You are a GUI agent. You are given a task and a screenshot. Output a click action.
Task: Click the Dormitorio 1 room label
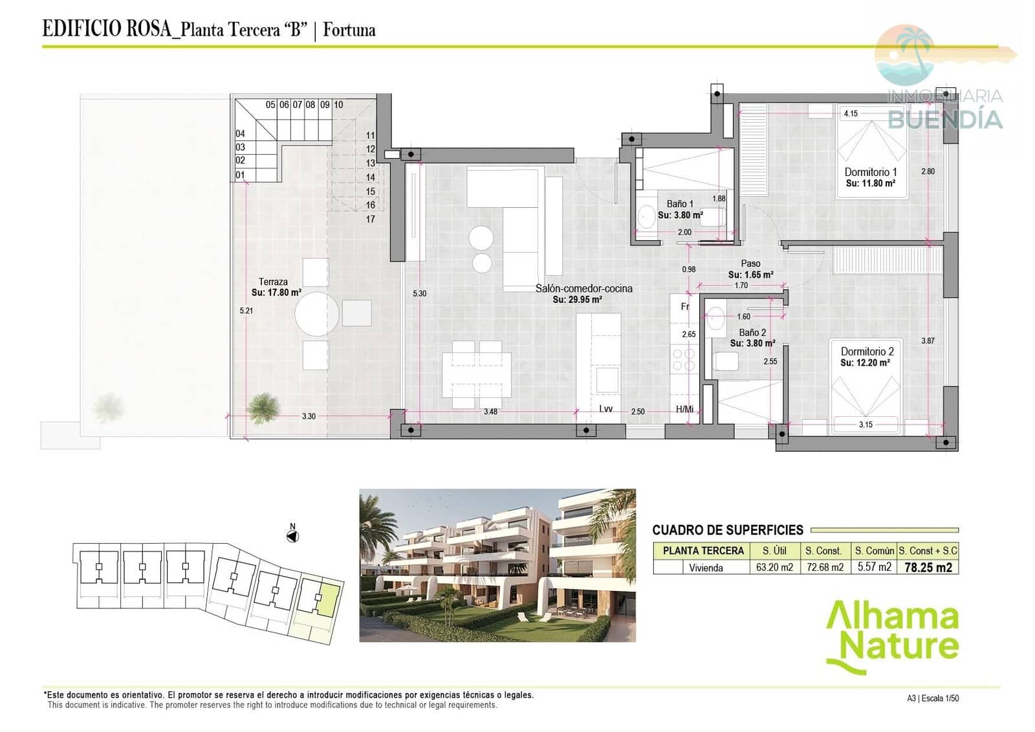tap(870, 172)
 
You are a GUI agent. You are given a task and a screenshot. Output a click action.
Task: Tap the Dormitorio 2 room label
tap(867, 351)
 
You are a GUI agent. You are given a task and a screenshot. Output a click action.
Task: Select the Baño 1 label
tap(679, 204)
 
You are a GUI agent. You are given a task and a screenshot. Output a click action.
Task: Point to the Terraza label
tap(273, 282)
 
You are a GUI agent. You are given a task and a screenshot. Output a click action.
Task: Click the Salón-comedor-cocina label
tap(583, 289)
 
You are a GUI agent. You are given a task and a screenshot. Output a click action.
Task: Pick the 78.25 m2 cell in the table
tap(928, 568)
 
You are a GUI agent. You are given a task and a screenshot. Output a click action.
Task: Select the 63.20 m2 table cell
tap(774, 568)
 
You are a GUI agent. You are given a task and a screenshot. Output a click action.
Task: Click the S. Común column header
tap(874, 551)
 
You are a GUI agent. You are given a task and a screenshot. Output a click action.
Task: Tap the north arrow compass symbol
tap(292, 536)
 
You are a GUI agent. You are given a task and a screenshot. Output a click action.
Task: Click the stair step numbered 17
tap(370, 219)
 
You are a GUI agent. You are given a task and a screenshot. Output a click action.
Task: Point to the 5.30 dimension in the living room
tap(419, 294)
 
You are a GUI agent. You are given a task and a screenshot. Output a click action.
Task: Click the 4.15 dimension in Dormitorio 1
tap(851, 114)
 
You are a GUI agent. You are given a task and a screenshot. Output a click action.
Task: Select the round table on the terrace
tap(316, 314)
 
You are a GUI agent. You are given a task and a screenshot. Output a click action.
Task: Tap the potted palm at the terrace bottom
tap(263, 407)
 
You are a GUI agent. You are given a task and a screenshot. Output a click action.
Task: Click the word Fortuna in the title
tap(349, 30)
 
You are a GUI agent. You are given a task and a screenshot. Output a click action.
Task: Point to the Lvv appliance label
tap(605, 409)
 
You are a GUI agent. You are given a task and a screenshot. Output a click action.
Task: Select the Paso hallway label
tap(750, 263)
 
